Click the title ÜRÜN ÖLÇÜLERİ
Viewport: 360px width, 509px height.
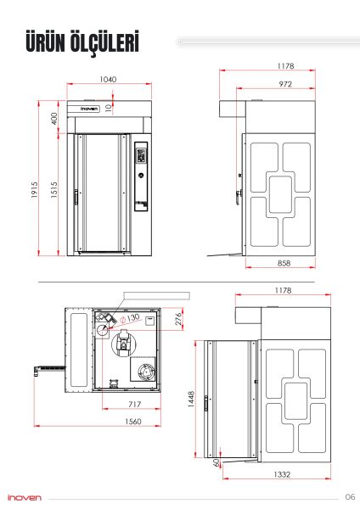(82, 42)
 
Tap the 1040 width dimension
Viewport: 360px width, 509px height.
(108, 79)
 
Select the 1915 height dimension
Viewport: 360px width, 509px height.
(35, 189)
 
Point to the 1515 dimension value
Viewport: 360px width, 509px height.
(54, 189)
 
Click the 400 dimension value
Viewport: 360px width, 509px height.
(54, 118)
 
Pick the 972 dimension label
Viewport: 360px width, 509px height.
(285, 84)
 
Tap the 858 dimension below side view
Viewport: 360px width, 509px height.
(284, 263)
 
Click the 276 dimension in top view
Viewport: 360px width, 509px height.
(178, 319)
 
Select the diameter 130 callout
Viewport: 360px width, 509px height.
(130, 318)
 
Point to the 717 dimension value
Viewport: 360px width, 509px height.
(134, 404)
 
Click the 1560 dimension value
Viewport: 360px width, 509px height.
(133, 422)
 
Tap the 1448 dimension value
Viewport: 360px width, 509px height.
(191, 399)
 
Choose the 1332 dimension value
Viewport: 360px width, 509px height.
(282, 474)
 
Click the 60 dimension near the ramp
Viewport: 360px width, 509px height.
(217, 462)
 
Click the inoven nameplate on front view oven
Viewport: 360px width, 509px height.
(89, 109)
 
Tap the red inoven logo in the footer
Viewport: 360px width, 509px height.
(25, 498)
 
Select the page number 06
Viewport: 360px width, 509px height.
(350, 496)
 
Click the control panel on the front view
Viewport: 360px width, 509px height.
(141, 176)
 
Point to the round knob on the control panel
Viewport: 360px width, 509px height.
(141, 176)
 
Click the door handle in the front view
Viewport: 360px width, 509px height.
(76, 198)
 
